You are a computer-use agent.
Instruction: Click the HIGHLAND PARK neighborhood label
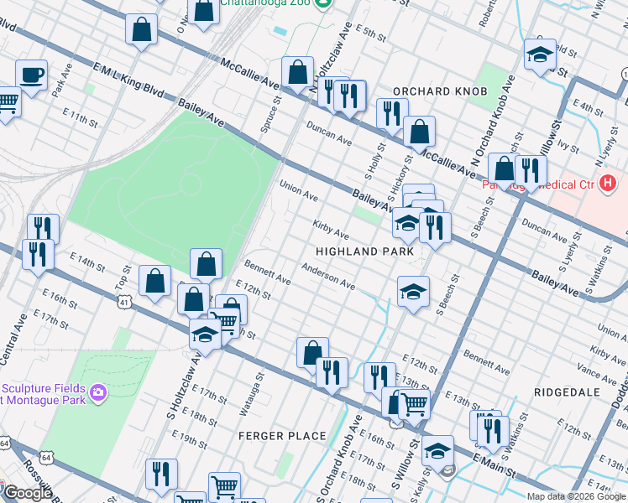click(364, 251)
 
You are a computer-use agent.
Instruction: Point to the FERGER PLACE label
click(282, 435)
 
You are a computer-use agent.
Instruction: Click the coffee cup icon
click(31, 76)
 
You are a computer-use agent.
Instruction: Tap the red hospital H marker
click(608, 183)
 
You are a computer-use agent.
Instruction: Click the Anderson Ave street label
click(327, 278)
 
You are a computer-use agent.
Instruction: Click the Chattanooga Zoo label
click(269, 3)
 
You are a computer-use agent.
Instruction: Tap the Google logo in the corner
click(27, 493)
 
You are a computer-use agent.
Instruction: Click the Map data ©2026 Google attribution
click(576, 496)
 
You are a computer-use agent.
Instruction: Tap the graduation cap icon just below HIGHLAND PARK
click(413, 293)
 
